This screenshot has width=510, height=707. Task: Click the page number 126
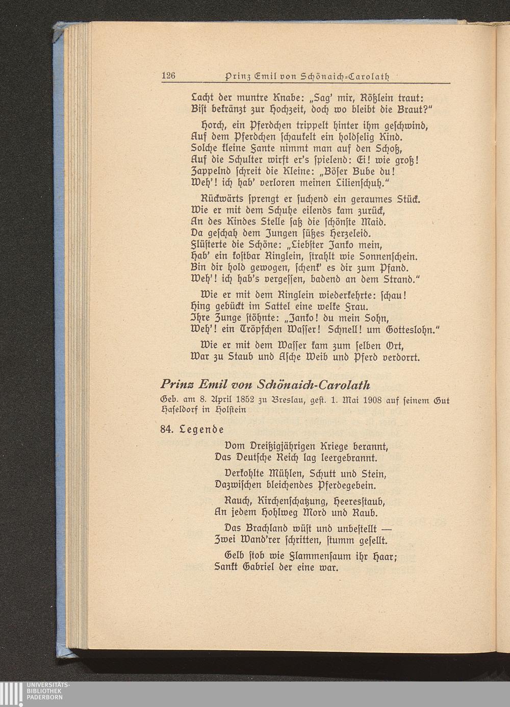point(168,76)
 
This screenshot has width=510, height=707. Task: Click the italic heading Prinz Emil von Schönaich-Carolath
point(265,384)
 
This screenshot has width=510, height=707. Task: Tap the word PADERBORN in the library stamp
point(45,697)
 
